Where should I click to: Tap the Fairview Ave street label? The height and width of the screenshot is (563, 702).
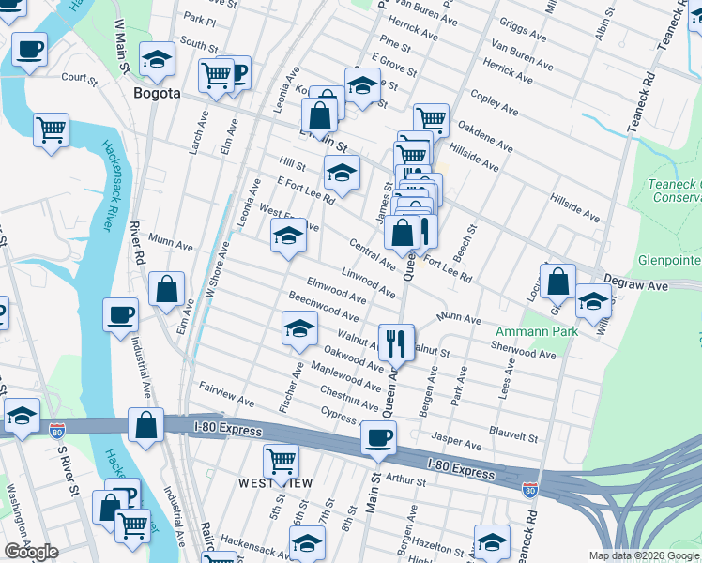click(x=226, y=394)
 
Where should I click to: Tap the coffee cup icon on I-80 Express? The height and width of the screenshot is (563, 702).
click(x=378, y=437)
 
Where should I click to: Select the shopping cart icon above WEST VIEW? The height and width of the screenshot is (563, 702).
click(x=281, y=461)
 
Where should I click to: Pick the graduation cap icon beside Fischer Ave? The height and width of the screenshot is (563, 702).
click(x=300, y=328)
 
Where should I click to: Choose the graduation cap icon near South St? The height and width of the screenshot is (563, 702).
click(x=157, y=59)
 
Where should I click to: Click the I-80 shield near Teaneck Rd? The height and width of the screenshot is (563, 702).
click(x=530, y=489)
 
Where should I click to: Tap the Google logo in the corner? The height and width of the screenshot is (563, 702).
click(x=31, y=552)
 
